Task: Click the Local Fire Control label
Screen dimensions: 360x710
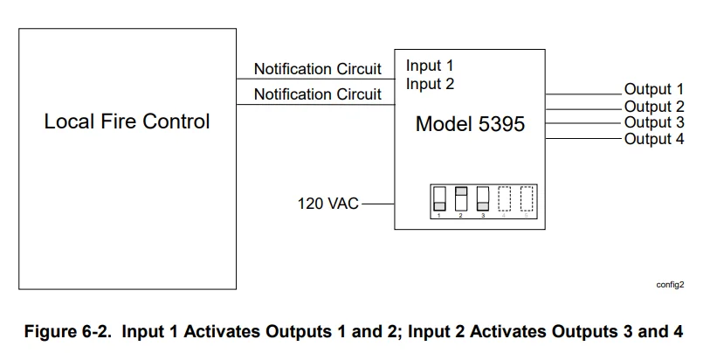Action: point(127,121)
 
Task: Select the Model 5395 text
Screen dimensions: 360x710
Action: point(470,124)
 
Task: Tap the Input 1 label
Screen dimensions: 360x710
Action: point(430,66)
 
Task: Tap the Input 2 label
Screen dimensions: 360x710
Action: point(430,84)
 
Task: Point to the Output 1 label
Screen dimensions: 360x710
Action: point(653,89)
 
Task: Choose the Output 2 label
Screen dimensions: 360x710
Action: point(653,107)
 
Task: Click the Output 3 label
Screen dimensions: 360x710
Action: point(653,122)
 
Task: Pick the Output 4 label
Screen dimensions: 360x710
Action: point(653,139)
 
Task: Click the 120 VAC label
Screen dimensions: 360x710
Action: point(328,204)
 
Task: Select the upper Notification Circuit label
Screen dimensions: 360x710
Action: point(317,68)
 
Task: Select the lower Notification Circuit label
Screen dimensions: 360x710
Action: point(317,93)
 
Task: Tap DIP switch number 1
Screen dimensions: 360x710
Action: point(439,198)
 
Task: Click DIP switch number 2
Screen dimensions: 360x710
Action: point(461,198)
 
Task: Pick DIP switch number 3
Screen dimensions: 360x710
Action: point(483,198)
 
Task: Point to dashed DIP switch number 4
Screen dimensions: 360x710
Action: point(505,198)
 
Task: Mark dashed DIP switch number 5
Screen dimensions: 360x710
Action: point(526,198)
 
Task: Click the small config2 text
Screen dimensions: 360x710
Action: point(670,284)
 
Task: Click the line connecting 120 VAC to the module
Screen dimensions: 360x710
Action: point(377,204)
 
